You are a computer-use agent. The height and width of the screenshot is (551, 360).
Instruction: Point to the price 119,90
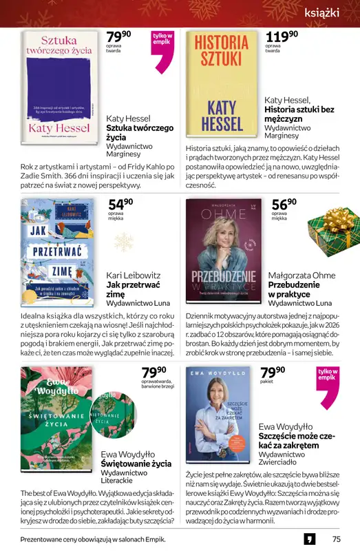(282, 37)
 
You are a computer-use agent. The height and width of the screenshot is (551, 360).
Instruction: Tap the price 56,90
(284, 205)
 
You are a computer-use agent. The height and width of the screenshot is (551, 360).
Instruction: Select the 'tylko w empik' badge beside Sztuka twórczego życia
(163, 50)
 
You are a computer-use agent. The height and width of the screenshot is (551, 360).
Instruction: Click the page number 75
(336, 539)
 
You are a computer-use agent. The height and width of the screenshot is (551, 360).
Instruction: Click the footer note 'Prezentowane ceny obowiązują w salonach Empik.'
(93, 539)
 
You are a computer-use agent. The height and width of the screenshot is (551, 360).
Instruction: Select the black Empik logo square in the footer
(310, 539)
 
